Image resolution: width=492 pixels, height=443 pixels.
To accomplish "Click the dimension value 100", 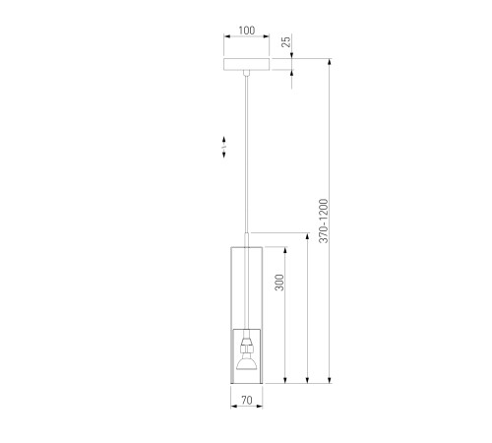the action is [246, 31].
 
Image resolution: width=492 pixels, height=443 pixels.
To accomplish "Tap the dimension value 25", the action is [286, 41].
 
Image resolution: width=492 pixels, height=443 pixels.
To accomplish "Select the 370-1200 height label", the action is [324, 221].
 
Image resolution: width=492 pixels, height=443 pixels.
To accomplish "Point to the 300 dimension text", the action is [279, 283].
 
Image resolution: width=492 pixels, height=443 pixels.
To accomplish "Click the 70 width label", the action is [247, 400].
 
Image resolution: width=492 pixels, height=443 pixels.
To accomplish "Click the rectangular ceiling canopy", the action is [247, 64].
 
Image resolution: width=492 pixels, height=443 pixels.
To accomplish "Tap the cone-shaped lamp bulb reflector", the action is [247, 362].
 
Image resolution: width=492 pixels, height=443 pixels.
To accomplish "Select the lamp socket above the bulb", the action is [247, 347].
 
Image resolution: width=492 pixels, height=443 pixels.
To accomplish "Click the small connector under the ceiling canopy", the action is [247, 73].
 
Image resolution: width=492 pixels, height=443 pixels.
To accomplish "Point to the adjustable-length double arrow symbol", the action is [224, 147].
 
